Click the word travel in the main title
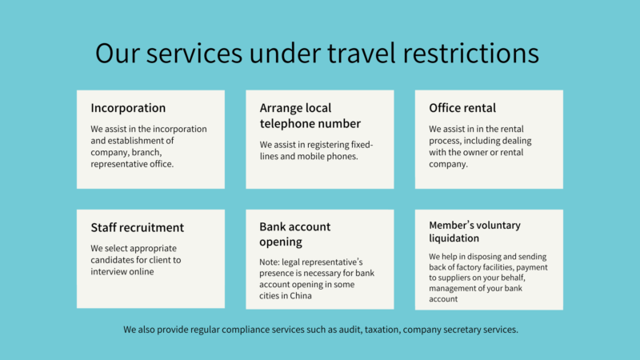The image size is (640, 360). (x=362, y=53)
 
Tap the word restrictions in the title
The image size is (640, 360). (x=471, y=53)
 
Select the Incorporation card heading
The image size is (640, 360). (x=128, y=108)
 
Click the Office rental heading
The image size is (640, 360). (x=462, y=108)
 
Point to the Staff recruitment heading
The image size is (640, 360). (x=137, y=227)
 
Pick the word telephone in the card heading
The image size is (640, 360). (x=286, y=124)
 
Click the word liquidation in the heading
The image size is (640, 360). (x=454, y=238)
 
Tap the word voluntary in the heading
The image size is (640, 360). (x=499, y=226)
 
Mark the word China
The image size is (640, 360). (x=302, y=295)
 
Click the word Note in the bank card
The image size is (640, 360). (x=270, y=262)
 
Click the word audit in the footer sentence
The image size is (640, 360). (x=350, y=330)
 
